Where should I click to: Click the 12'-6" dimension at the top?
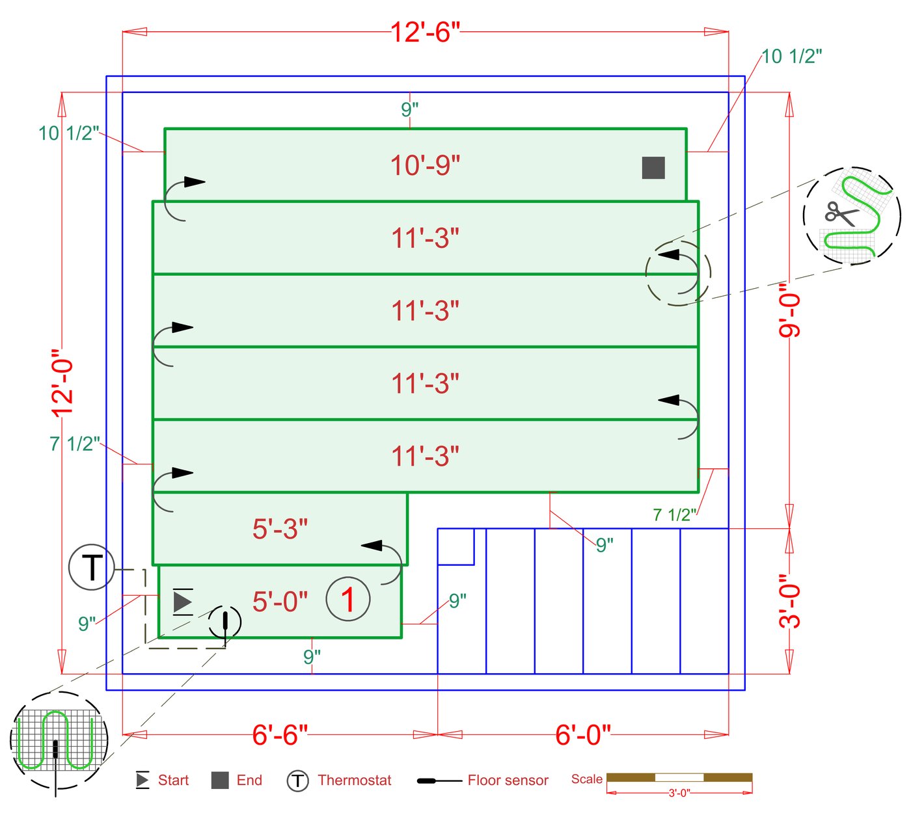point(425,33)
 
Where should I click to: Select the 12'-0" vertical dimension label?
point(62,383)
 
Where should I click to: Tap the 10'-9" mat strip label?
point(425,165)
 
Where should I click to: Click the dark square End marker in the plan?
point(653,168)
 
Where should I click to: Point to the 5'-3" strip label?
point(280,529)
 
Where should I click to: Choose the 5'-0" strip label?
point(280,602)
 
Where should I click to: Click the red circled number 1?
point(348,599)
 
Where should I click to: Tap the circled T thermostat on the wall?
point(92,567)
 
